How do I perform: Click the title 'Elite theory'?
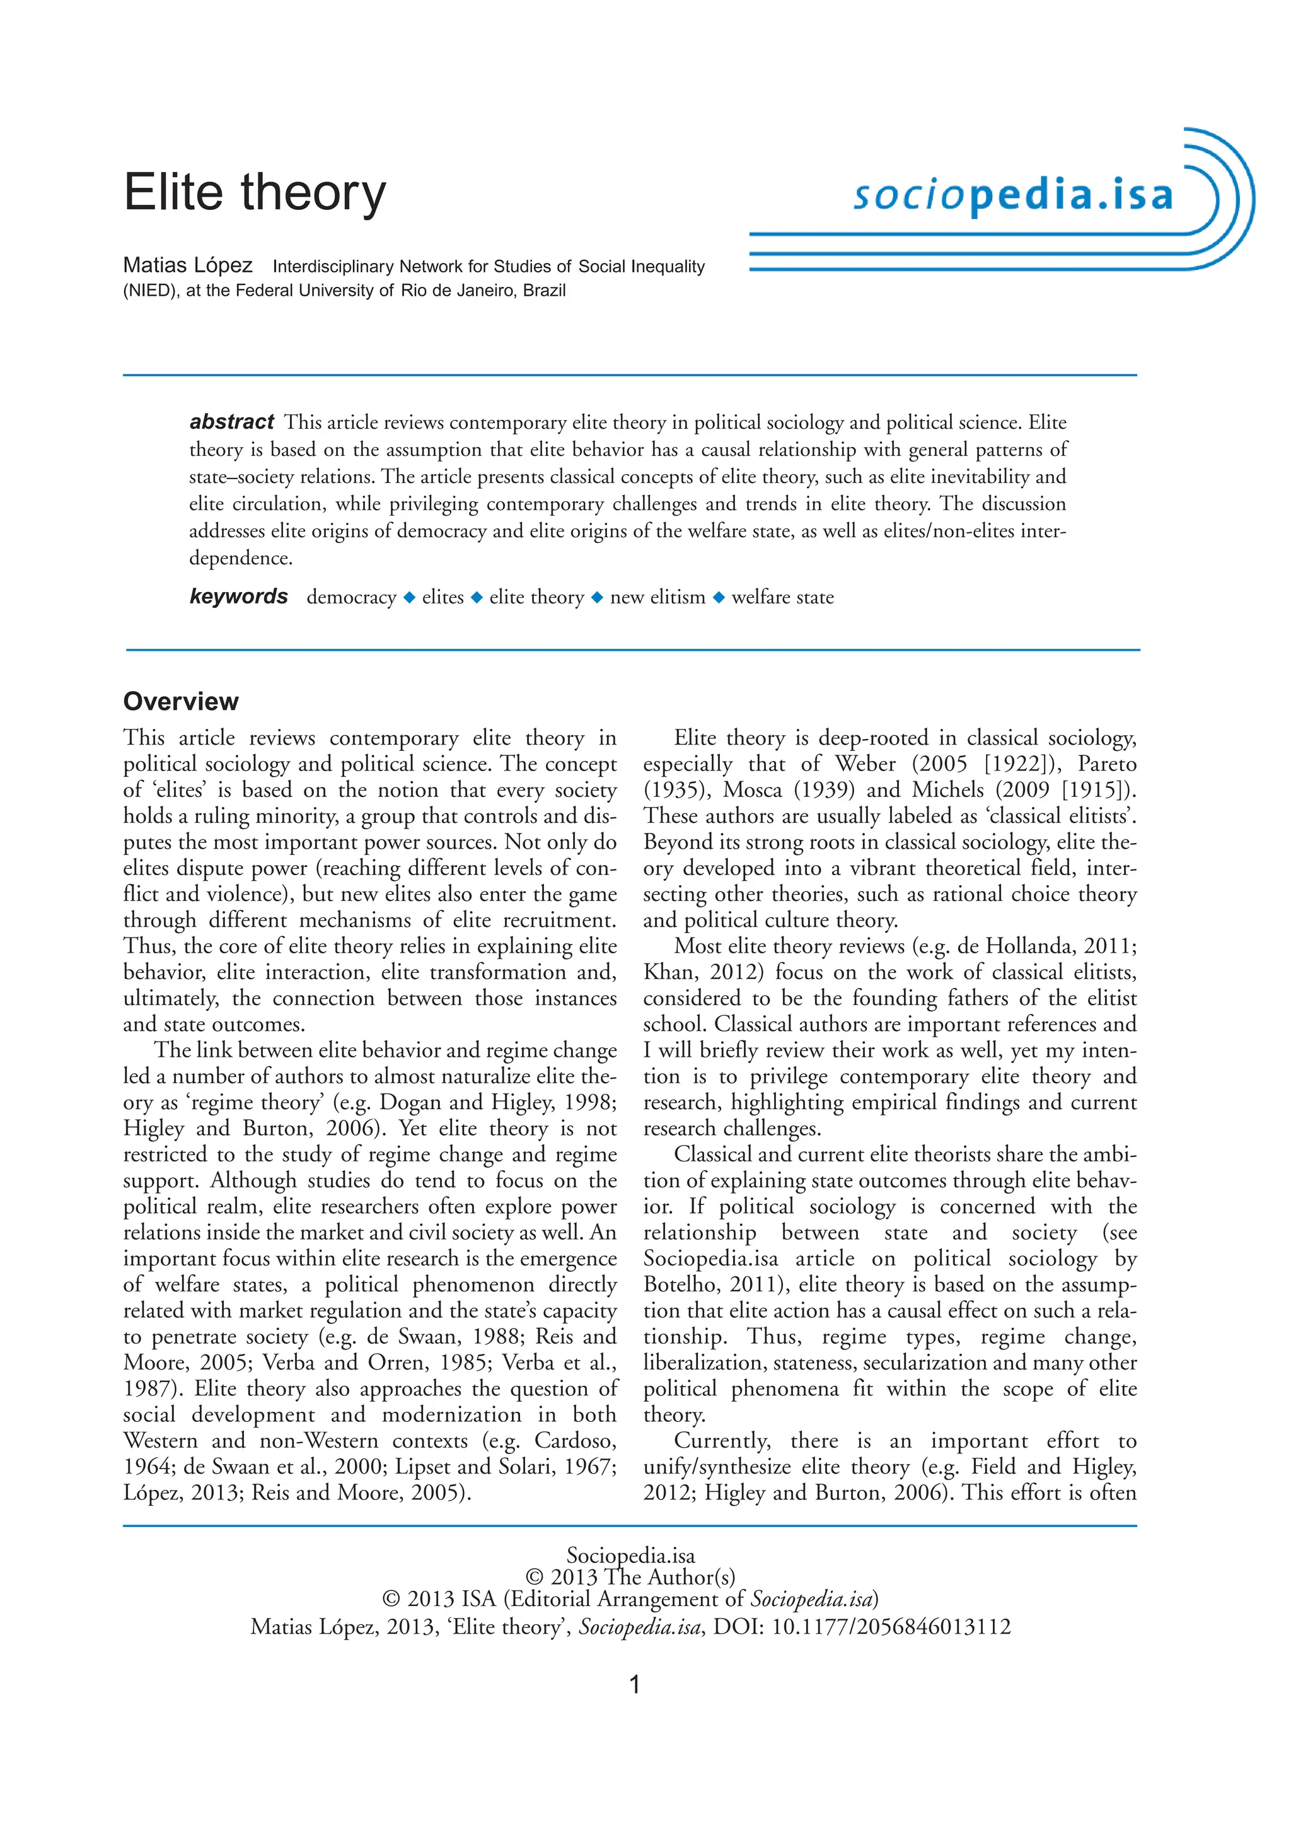255,194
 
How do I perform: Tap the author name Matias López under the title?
188,265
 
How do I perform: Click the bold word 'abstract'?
231,422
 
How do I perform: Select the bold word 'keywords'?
238,596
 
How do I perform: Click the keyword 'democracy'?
350,597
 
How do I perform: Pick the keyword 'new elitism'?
657,597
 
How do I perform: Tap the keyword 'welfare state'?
782,597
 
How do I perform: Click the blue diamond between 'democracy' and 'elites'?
409,597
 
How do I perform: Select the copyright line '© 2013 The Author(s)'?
630,1577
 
